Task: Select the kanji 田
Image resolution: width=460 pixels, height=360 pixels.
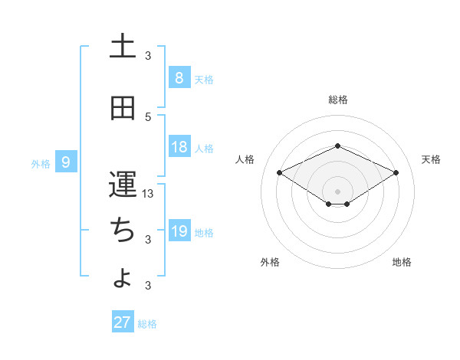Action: pyautogui.click(x=123, y=108)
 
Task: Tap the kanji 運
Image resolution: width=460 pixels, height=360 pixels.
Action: pyautogui.click(x=123, y=185)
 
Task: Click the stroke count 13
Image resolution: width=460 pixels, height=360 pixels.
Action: pyautogui.click(x=149, y=194)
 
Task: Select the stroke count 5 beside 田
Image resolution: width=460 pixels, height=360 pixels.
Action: pyautogui.click(x=149, y=116)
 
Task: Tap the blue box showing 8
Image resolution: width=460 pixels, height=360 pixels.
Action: pyautogui.click(x=179, y=77)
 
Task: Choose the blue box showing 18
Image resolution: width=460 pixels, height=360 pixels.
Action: pyautogui.click(x=179, y=148)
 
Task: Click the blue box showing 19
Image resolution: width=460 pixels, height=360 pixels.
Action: pyautogui.click(x=179, y=231)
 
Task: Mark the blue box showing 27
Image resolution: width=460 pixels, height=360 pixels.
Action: pyautogui.click(x=123, y=322)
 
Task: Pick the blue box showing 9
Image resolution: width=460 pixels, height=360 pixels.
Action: pyautogui.click(x=67, y=162)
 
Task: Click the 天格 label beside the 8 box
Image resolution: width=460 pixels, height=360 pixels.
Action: pyautogui.click(x=204, y=79)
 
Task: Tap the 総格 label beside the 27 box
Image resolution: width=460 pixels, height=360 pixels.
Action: pyautogui.click(x=147, y=324)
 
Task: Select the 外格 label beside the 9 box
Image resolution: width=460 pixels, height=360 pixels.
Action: pyautogui.click(x=41, y=163)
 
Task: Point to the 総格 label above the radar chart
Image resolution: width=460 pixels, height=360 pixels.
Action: pyautogui.click(x=337, y=100)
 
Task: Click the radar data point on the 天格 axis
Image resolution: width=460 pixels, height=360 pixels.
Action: pyautogui.click(x=396, y=173)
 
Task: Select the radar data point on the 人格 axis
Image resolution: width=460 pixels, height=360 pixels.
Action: pyautogui.click(x=280, y=173)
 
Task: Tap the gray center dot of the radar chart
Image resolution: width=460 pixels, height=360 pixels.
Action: pyautogui.click(x=337, y=191)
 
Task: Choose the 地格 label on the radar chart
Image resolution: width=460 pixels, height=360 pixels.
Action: pyautogui.click(x=402, y=262)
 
